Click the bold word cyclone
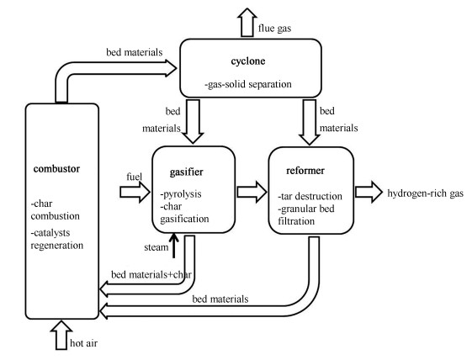coord(248,61)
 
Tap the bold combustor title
coord(56,169)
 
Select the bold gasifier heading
coord(186,172)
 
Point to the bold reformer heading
coord(305,171)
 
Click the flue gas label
coord(274,29)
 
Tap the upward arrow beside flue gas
coord(247,23)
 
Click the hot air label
coord(83,343)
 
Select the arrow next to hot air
coord(61,335)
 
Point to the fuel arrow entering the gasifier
coord(135,192)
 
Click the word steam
coord(156,247)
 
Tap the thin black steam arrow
coord(173,246)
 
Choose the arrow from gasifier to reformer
coord(252,192)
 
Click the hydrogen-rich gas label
coord(426,193)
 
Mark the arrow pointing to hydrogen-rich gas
coord(369,192)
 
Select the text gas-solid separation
coord(248,84)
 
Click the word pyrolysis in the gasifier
coord(182,194)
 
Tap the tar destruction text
coord(311,197)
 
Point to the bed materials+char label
coord(151,275)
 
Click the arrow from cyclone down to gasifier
coord(193,121)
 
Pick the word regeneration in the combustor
coord(57,246)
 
